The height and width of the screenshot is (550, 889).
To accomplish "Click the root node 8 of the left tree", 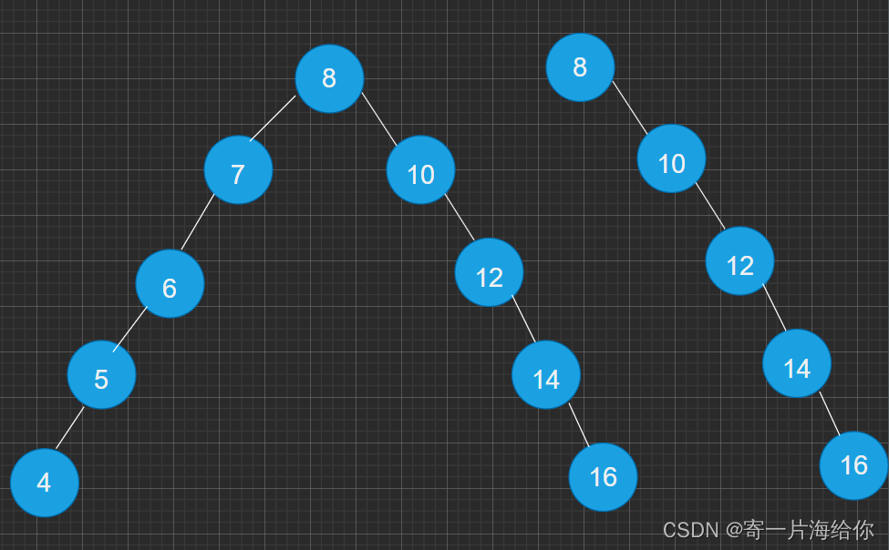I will tap(329, 78).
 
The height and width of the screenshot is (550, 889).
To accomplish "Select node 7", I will tap(238, 170).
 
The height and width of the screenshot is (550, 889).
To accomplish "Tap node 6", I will tap(170, 284).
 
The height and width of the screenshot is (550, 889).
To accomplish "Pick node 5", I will tap(101, 375).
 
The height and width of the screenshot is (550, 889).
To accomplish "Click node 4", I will tap(45, 483).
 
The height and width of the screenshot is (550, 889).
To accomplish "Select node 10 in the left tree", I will tap(420, 170).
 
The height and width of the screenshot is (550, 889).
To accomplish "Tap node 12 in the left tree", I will tap(489, 272).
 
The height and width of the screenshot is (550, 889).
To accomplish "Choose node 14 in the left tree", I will tap(546, 374).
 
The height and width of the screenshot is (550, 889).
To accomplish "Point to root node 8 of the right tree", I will tap(580, 67).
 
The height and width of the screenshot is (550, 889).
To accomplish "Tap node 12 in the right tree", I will tap(739, 261).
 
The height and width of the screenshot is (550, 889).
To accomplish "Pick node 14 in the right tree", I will tap(797, 363).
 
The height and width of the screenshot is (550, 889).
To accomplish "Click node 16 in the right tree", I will tap(853, 465).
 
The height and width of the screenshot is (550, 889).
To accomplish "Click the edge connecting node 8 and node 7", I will tap(273, 118).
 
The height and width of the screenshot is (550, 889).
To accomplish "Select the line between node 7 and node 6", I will tap(197, 222).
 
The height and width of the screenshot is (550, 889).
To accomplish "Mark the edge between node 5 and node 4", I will tap(69, 428).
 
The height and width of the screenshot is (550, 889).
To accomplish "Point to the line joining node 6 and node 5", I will tap(130, 329).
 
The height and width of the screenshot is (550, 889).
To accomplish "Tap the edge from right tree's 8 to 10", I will tap(629, 107).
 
